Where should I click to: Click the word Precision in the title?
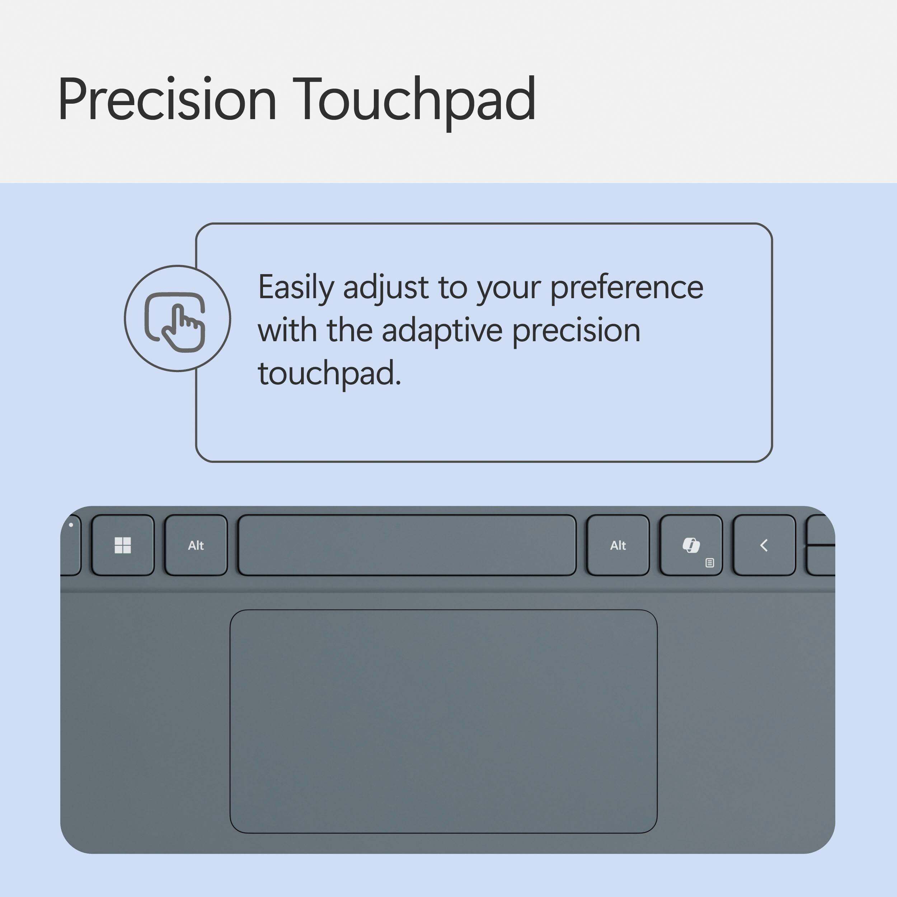coord(167,100)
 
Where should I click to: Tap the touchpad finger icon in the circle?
coord(177,319)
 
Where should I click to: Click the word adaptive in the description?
coord(442,330)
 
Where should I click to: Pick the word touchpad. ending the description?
coord(329,373)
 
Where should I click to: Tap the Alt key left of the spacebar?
coord(196,545)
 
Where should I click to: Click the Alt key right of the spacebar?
coord(618,545)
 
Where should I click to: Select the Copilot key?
coord(691,545)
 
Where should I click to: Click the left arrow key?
coord(764,545)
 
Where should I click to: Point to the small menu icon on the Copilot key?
coord(709,563)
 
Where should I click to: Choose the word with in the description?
coord(287,330)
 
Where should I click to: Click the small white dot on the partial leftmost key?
coord(71,525)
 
